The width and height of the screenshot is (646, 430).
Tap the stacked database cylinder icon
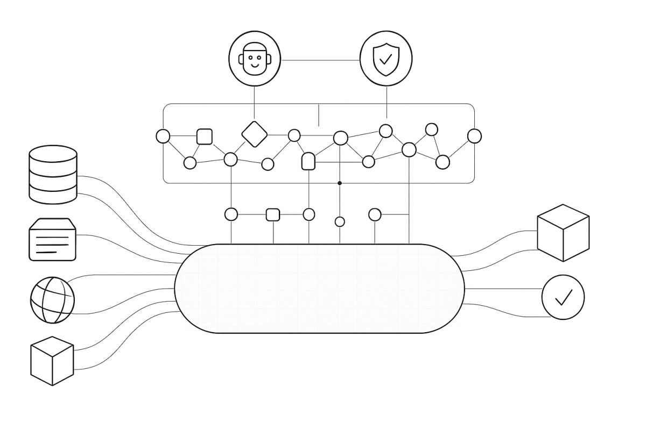click(x=52, y=174)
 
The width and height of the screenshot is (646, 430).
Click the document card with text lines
click(x=52, y=240)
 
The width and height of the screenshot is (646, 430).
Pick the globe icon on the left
click(x=52, y=300)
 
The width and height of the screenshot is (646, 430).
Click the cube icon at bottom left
click(x=52, y=361)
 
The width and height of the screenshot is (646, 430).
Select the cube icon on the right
click(x=563, y=233)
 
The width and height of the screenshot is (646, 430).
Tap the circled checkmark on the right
click(x=563, y=297)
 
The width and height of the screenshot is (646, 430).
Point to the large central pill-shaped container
click(x=319, y=289)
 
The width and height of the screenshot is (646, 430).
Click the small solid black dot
click(x=340, y=183)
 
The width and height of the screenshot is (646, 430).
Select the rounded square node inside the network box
click(x=205, y=137)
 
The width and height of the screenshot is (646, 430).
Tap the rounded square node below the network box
click(x=273, y=215)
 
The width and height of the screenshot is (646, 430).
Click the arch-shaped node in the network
click(x=308, y=161)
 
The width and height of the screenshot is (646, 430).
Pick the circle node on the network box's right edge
click(x=474, y=136)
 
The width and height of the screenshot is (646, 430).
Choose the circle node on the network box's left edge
click(x=163, y=136)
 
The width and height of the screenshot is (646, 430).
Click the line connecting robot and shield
click(x=320, y=60)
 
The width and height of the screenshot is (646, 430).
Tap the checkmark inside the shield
click(x=386, y=58)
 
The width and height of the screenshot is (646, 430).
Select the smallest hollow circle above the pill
click(x=340, y=221)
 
